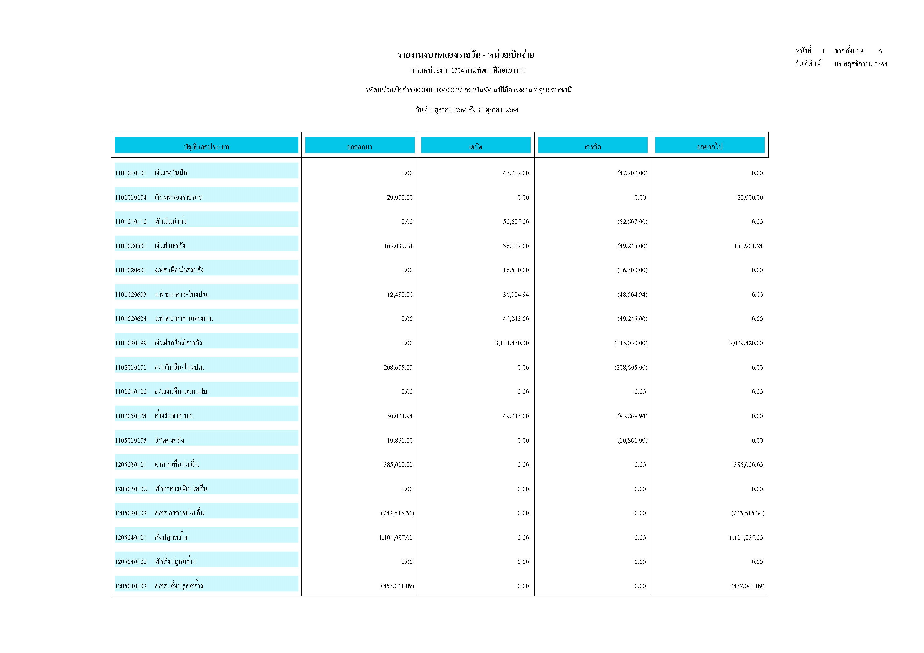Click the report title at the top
click(466, 55)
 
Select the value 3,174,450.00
click(512, 343)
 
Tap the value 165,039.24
click(398, 246)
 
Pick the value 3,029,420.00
click(746, 343)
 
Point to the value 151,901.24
click(748, 246)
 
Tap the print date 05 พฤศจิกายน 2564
click(861, 64)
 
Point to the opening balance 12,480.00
click(400, 295)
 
